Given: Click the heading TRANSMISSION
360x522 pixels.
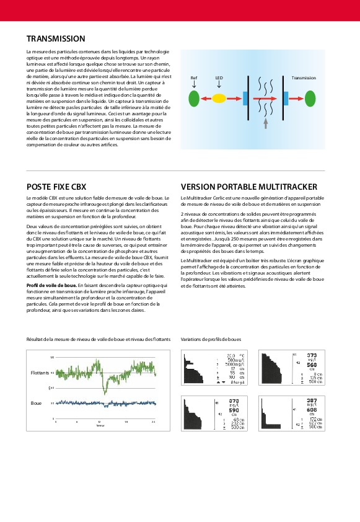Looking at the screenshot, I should pos(55,38).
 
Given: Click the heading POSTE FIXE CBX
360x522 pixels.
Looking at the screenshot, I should pos(56,187).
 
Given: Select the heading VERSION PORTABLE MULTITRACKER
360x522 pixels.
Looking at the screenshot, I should pos(249,187).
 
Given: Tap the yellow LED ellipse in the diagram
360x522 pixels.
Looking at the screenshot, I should pos(219,98).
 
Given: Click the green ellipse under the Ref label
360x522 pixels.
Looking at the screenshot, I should pos(193,98).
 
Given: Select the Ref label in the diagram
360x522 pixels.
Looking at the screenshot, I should pos(193,79).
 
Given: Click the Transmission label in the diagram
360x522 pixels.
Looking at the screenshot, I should pos(304,78).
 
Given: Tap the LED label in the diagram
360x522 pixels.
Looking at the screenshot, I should pos(219,79).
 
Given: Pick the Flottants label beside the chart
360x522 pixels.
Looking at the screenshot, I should pos(40,373).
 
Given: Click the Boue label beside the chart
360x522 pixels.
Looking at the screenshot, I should pos(36,403).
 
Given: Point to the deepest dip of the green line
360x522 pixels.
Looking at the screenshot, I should pos(106,392).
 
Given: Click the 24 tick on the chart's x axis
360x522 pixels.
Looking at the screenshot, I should pos(154,421).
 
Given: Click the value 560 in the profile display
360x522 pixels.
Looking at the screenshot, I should pos(312,365).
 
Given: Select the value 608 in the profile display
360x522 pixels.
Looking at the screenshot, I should pos(312,410).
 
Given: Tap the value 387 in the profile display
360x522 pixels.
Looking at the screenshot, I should pos(312,400).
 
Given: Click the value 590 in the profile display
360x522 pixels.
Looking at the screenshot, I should pos(234,410).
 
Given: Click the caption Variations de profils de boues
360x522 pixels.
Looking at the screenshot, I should pos(211,340).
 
